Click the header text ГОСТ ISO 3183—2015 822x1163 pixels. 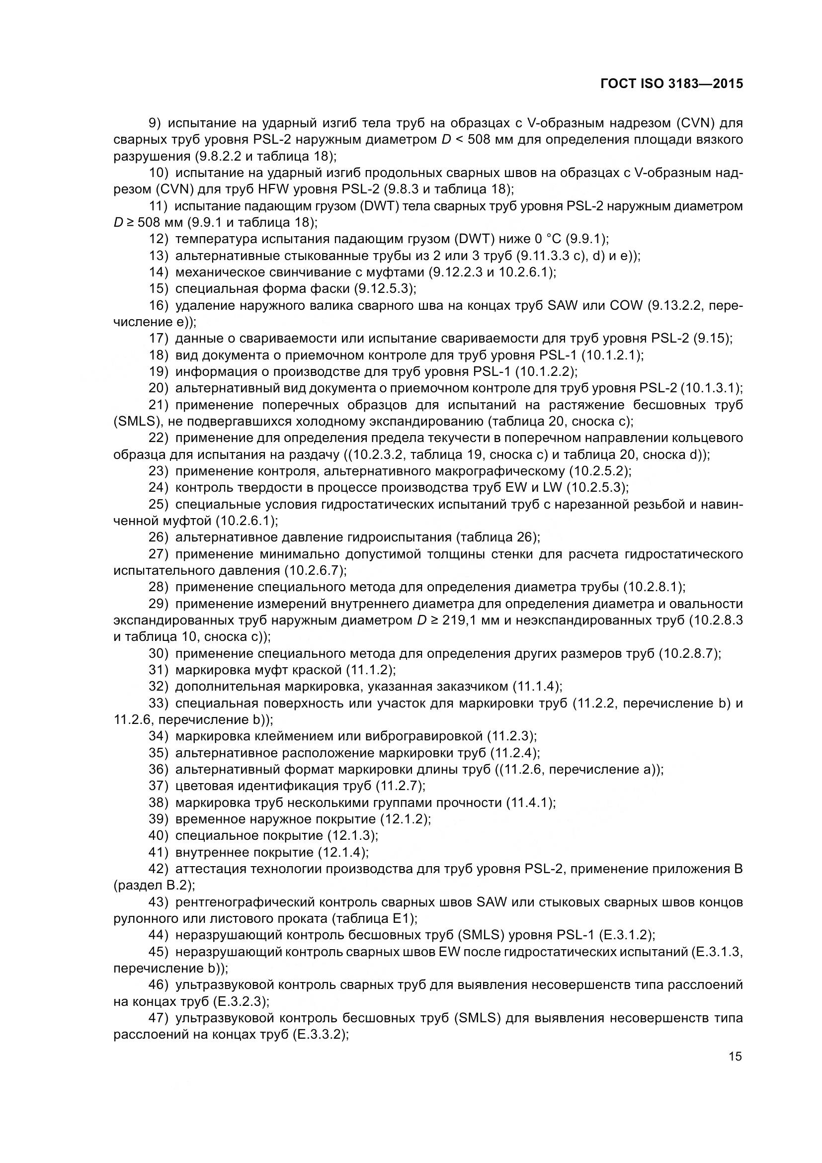coord(672,84)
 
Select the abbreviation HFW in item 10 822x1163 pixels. coord(272,189)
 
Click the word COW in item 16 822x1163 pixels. coord(624,305)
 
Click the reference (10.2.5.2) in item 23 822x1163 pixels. coord(600,471)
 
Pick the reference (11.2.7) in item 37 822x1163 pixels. coord(400,786)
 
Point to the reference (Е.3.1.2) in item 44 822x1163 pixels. coord(627,935)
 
